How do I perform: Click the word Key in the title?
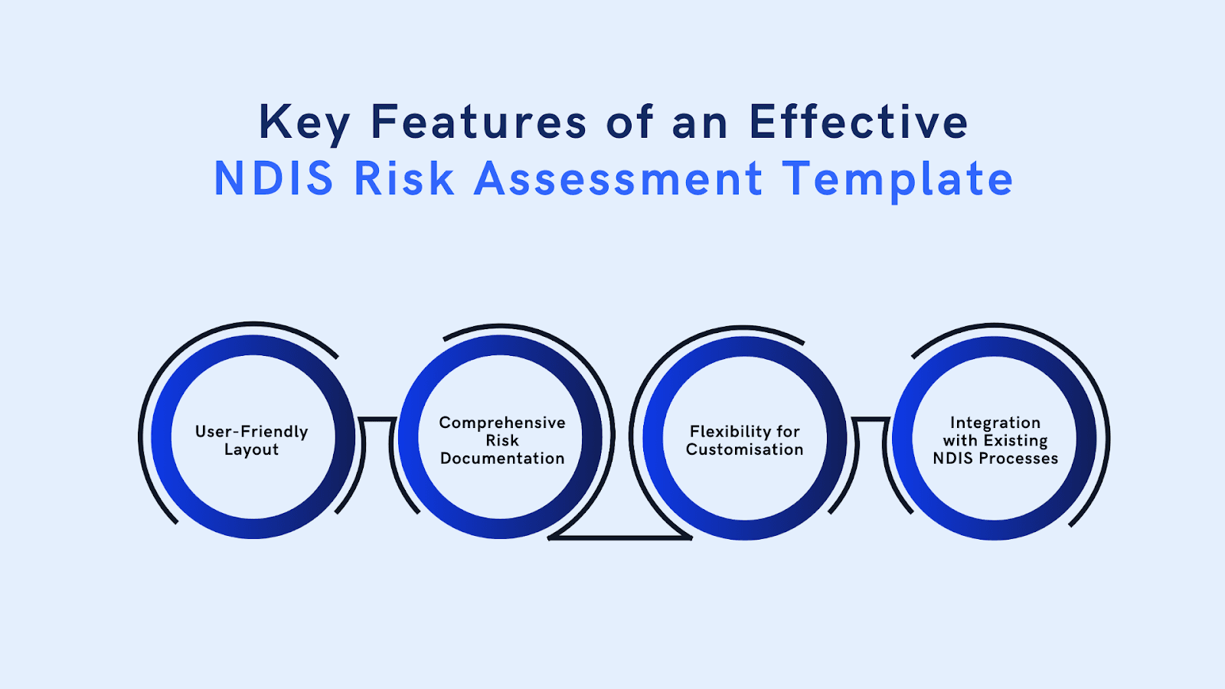(303, 123)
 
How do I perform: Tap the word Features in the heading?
(479, 122)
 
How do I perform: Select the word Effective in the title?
(858, 122)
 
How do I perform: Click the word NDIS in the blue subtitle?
(273, 179)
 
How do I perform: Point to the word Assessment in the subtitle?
(619, 179)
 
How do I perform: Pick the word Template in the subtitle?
(897, 179)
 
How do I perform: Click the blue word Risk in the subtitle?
(403, 179)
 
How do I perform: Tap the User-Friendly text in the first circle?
(251, 432)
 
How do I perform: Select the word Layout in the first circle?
(251, 449)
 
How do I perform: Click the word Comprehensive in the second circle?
(502, 423)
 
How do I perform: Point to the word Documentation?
(502, 459)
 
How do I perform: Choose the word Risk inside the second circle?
(502, 440)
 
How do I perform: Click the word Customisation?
(744, 449)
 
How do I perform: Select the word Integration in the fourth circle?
(995, 423)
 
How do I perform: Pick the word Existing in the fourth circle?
(1015, 440)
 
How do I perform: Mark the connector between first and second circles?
(377, 420)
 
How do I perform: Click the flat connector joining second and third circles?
(620, 537)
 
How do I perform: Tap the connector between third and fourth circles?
(871, 420)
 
